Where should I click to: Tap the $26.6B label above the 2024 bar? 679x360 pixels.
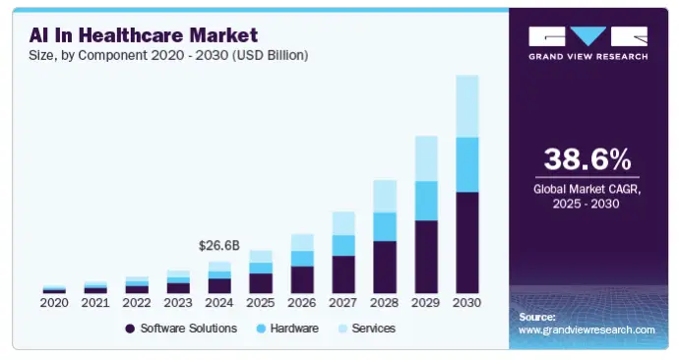(x=219, y=244)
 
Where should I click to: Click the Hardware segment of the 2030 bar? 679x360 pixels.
(x=467, y=164)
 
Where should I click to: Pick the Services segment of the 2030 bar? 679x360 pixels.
(x=467, y=106)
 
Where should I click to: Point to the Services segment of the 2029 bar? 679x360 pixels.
(x=426, y=158)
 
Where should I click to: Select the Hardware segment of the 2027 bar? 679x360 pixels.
(x=343, y=245)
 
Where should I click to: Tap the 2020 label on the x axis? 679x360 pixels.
(x=55, y=303)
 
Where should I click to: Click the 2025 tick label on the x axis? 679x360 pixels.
(x=261, y=303)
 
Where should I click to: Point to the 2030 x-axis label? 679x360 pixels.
(x=467, y=303)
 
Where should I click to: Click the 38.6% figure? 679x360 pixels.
(x=587, y=159)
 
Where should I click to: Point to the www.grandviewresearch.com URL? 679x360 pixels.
(x=586, y=330)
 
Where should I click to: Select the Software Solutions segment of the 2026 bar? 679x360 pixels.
(x=302, y=279)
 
